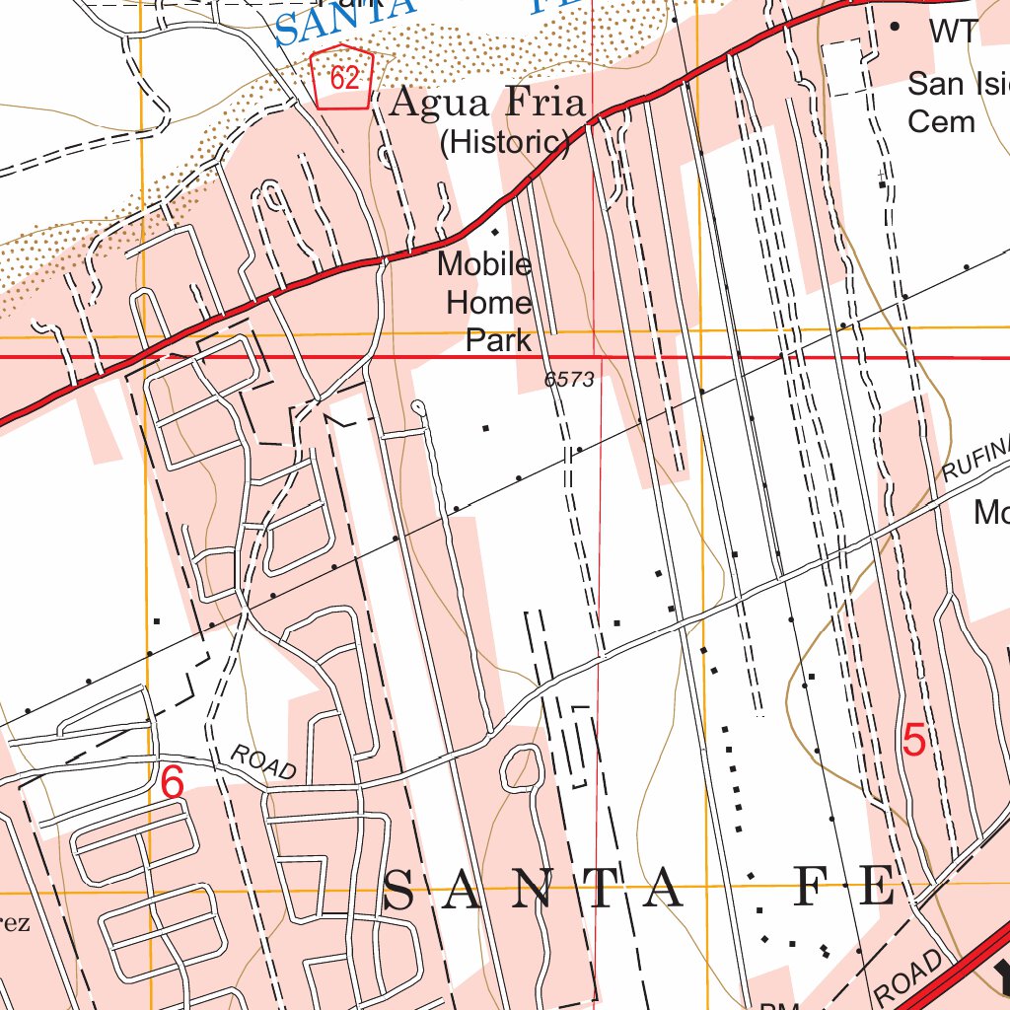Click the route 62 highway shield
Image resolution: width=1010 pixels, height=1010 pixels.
pyautogui.click(x=342, y=77)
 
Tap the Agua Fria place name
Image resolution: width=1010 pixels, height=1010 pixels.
pyautogui.click(x=487, y=103)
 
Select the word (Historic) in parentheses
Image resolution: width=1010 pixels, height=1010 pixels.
pyautogui.click(x=504, y=143)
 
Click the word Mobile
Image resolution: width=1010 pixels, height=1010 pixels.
pyautogui.click(x=484, y=264)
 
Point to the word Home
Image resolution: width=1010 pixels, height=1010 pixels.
pyautogui.click(x=488, y=303)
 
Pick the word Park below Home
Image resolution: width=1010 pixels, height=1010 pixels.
pyautogui.click(x=498, y=340)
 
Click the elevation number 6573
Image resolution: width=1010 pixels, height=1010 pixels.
pyautogui.click(x=569, y=380)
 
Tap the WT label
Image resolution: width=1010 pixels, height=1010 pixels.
pyautogui.click(x=953, y=31)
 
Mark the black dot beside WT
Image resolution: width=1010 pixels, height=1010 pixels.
pyautogui.click(x=896, y=28)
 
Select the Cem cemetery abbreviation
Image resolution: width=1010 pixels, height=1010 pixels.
pyautogui.click(x=941, y=121)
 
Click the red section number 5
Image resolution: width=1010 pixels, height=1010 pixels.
pyautogui.click(x=914, y=741)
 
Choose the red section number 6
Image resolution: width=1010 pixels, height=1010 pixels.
pyautogui.click(x=172, y=784)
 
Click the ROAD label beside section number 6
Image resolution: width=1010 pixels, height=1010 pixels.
pyautogui.click(x=263, y=762)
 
